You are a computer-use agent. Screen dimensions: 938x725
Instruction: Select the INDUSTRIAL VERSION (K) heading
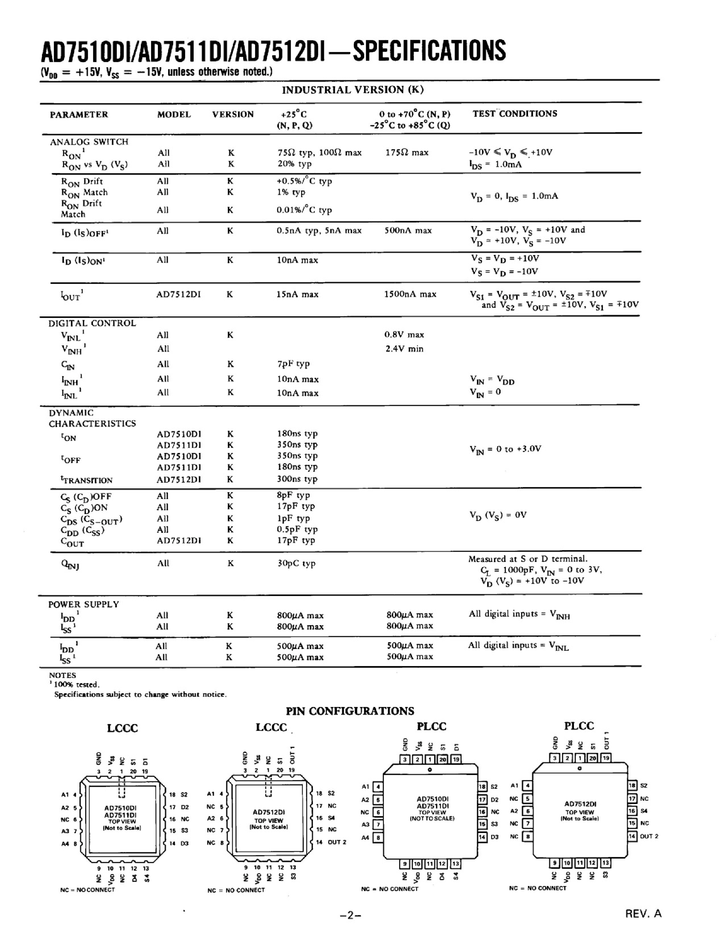353,90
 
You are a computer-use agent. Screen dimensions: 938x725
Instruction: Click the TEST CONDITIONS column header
514,114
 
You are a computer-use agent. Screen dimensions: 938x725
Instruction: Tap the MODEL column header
174,115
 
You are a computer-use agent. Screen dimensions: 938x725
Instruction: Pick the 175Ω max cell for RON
407,152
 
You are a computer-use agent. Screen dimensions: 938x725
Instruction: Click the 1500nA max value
410,294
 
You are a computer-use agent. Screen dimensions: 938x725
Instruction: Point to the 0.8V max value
404,335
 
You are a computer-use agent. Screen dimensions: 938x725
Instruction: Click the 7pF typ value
293,364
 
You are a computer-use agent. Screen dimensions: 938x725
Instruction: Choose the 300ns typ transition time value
297,479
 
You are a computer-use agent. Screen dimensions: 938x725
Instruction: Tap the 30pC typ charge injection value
296,563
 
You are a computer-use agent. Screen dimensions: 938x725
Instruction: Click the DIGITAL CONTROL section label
92,323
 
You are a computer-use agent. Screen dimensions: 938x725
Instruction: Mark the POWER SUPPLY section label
83,604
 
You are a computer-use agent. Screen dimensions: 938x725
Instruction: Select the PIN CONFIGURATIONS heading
350,711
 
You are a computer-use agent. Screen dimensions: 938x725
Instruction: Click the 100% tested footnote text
76,685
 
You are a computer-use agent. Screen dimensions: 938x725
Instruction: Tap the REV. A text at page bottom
643,913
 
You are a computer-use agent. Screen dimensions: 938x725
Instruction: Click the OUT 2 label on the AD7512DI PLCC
649,836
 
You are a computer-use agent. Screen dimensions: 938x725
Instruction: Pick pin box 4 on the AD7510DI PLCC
378,787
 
